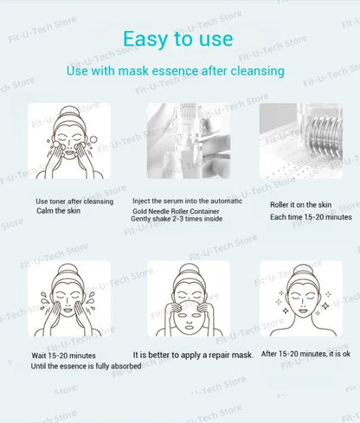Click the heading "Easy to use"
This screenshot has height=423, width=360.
177,39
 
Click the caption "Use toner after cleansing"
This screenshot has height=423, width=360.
74,202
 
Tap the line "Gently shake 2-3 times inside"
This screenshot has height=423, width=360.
177,219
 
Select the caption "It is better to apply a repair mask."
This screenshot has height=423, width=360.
193,355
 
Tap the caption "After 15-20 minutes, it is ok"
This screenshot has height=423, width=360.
305,354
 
